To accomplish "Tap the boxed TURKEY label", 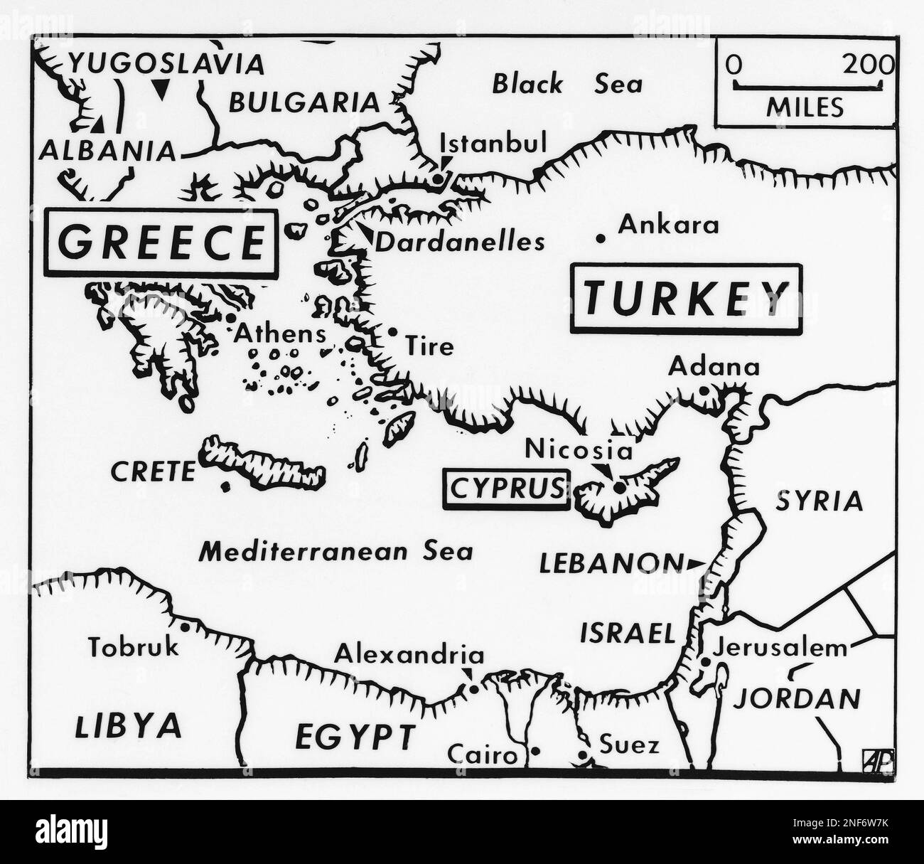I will pos(685,299).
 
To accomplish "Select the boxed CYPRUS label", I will pos(505,489).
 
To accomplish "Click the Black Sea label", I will pos(566,85).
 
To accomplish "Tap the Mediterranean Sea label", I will pos(335,552).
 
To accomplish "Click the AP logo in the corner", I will pos(877,761).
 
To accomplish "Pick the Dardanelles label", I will pos(460,242).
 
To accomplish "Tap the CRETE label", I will pos(152,471).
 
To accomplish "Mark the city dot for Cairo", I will pos(536,751).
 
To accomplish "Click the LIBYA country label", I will pos(128,726).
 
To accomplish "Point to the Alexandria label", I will pos(409,654).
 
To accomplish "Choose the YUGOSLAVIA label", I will pos(166,65).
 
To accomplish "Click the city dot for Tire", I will pos(392,331).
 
